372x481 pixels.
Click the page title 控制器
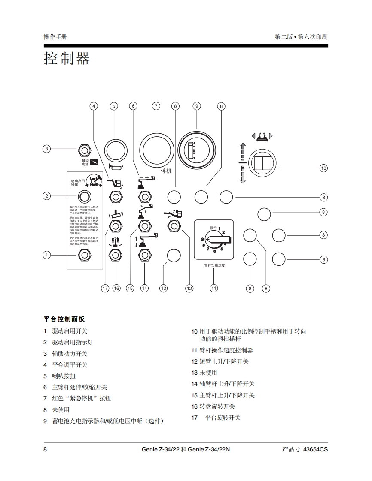[67, 58]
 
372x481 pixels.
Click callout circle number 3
[47, 149]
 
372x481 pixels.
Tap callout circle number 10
[323, 168]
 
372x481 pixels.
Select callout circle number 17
[105, 288]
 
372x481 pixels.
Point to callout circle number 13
[163, 288]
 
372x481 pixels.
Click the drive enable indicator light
[84, 196]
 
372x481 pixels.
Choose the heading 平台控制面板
[64, 319]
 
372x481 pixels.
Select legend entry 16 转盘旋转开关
[217, 406]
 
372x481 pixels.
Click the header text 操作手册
[55, 37]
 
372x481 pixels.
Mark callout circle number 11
[214, 288]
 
